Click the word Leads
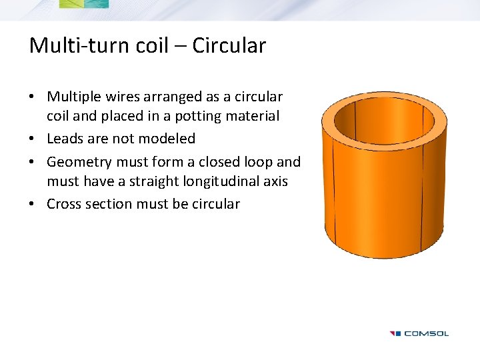pos(65,139)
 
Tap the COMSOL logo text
pos(427,333)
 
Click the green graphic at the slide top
pos(83,4)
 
